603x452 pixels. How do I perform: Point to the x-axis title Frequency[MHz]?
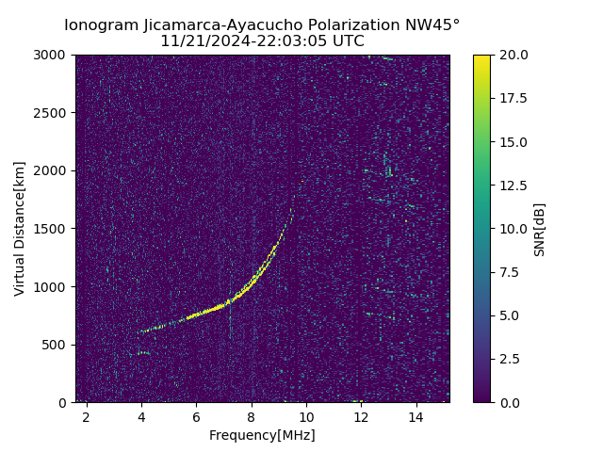262,435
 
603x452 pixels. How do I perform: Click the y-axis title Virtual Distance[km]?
20,228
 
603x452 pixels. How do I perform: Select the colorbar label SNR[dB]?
540,229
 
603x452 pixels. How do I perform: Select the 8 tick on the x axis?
252,416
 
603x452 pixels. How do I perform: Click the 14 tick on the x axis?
416,416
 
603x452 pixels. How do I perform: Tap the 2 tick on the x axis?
87,416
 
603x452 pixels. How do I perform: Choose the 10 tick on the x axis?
306,416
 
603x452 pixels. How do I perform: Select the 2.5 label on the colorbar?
510,359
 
